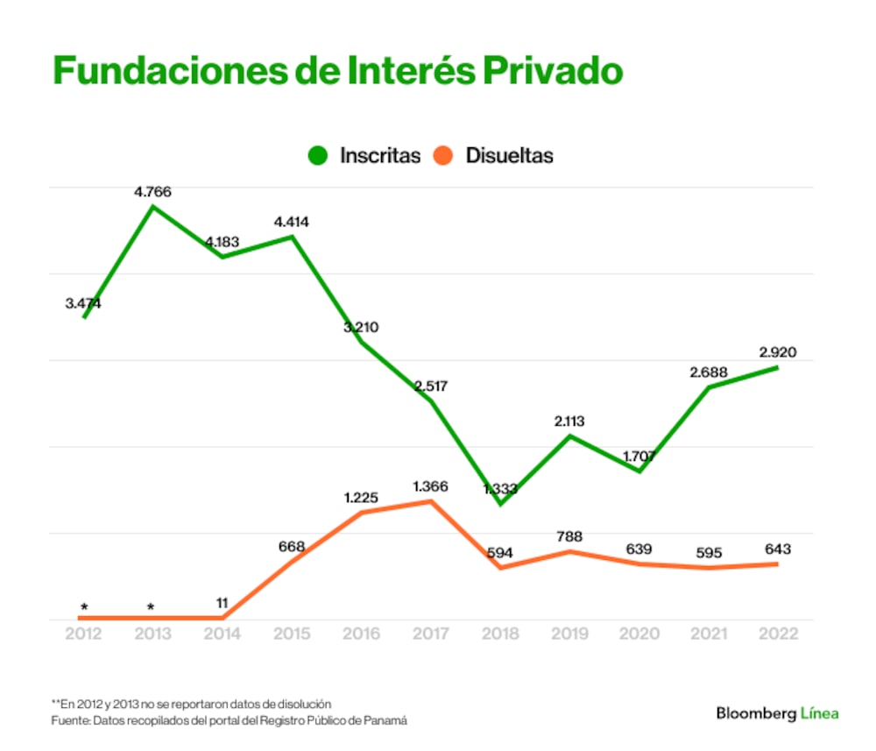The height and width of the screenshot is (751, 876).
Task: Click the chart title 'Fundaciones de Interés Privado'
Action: pos(337,71)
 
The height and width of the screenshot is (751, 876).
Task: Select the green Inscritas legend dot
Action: pos(318,156)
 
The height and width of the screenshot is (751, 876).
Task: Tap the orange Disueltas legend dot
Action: pos(444,156)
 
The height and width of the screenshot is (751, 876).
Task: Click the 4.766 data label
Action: pos(152,190)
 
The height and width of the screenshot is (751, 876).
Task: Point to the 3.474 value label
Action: pos(83,303)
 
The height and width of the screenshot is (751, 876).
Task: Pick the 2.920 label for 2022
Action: pos(778,352)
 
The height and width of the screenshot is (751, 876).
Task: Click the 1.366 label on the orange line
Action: pos(429,485)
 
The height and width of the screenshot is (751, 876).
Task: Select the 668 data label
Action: pos(292,547)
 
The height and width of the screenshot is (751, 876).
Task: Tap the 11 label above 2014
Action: pos(223,603)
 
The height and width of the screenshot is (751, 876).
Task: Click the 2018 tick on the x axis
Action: pos(499,634)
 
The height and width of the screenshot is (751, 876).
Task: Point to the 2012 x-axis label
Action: pos(84,634)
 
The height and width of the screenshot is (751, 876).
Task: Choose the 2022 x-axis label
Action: pos(778,634)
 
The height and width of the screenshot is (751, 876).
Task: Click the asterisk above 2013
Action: pos(152,606)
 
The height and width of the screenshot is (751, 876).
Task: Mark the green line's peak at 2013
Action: pos(153,207)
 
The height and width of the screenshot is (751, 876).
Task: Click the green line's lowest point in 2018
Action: pos(500,504)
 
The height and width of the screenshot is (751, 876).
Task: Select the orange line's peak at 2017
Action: pos(431,501)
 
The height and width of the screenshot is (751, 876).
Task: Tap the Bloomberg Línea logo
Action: pos(777,713)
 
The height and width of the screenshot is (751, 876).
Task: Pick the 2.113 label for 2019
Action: pos(569,422)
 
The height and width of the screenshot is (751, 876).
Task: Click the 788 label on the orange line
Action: pos(569,536)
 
